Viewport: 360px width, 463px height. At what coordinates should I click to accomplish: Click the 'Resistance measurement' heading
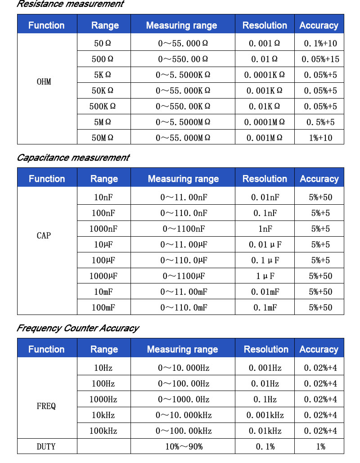[x=70, y=4]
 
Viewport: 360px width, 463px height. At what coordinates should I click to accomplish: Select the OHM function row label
[x=44, y=82]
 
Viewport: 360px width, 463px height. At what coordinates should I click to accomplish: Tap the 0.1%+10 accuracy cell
[x=320, y=44]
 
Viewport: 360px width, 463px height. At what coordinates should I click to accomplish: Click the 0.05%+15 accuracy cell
[x=320, y=59]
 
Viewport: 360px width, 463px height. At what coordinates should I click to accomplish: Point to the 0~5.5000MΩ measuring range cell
[x=183, y=122]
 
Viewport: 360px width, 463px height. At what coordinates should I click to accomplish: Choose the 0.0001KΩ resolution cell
[x=265, y=75]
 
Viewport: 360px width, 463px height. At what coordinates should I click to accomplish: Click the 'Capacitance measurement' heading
[x=73, y=158]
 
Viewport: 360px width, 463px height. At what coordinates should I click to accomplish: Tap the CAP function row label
[x=44, y=235]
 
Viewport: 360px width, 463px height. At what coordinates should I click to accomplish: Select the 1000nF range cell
[x=103, y=229]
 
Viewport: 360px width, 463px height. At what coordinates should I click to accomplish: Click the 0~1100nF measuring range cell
[x=184, y=229]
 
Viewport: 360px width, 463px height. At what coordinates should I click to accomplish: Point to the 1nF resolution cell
[x=265, y=229]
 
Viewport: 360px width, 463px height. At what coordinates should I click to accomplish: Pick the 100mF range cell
[x=103, y=308]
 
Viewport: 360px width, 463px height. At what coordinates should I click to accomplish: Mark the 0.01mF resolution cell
[x=265, y=292]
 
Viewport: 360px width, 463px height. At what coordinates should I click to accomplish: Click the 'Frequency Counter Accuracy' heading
[x=77, y=328]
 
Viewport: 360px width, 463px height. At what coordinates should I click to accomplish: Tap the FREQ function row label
[x=46, y=406]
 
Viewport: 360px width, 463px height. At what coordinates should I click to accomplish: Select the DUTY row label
[x=46, y=447]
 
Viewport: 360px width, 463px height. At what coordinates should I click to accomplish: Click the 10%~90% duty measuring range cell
[x=184, y=447]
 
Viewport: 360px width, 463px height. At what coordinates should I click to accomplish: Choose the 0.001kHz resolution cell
[x=265, y=415]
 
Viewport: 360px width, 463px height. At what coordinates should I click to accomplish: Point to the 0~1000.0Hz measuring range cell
[x=184, y=400]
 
